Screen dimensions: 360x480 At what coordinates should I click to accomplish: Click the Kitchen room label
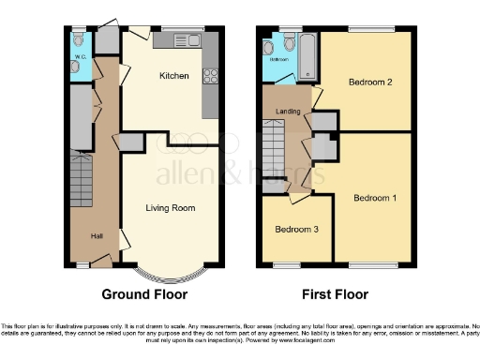[174, 75]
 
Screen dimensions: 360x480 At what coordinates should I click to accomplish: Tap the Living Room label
[170, 207]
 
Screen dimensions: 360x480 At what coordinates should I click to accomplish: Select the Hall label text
[97, 235]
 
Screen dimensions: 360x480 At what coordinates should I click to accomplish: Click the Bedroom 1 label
[375, 198]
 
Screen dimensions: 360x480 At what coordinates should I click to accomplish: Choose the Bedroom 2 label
[369, 82]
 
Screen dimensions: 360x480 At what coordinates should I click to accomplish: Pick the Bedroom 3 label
[295, 229]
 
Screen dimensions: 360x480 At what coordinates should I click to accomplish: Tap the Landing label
[287, 112]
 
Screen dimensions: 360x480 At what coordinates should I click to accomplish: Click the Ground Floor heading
[144, 293]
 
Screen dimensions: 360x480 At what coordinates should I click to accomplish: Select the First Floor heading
[336, 293]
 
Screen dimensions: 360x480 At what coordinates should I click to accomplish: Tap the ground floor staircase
[83, 183]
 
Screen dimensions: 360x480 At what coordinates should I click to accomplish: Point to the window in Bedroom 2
[372, 28]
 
